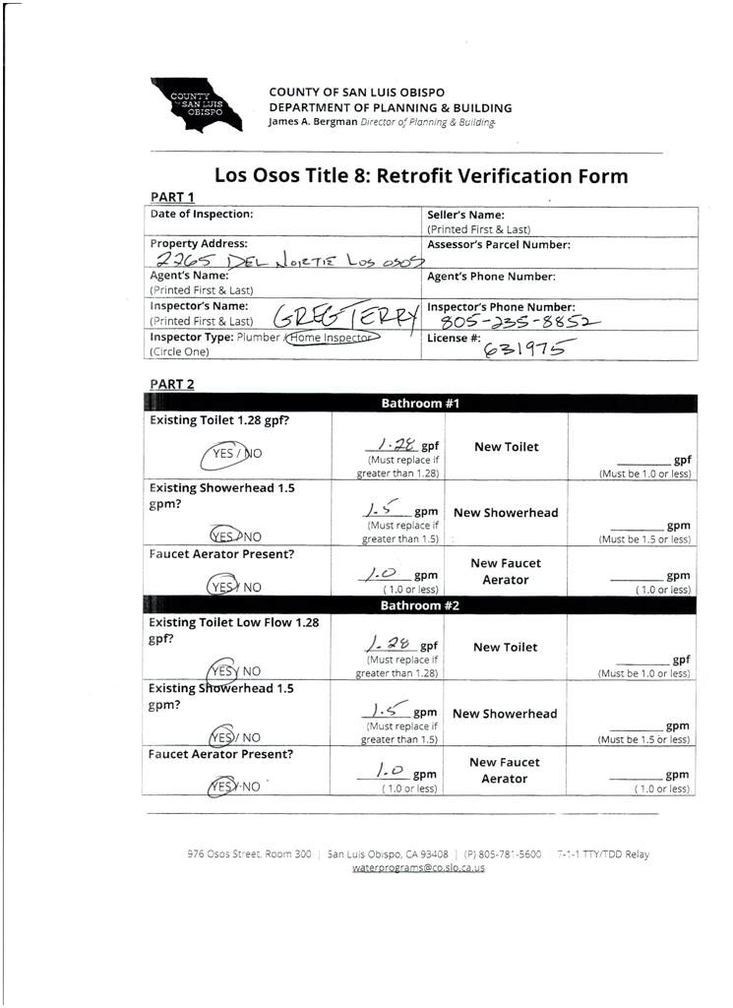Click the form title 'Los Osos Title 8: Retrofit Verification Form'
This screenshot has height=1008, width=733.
click(421, 177)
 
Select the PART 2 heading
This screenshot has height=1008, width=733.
click(171, 384)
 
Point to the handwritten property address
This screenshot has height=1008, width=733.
click(289, 261)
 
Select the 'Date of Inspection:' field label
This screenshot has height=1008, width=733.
click(201, 214)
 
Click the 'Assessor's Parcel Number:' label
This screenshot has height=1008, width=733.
click(498, 244)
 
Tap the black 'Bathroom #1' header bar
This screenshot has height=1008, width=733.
click(420, 404)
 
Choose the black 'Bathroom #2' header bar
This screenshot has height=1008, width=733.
click(420, 605)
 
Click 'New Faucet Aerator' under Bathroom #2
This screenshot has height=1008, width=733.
click(505, 770)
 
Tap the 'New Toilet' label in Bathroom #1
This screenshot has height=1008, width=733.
click(506, 447)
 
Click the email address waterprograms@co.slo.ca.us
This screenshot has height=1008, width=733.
click(418, 868)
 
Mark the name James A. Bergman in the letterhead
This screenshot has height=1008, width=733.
click(307, 122)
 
